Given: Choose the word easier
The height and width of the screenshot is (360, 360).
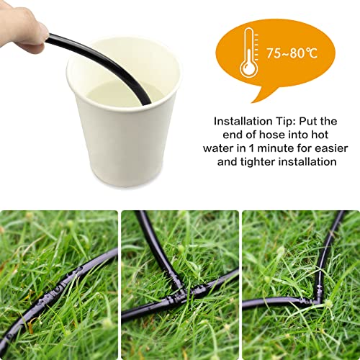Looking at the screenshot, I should (x=323, y=148).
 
